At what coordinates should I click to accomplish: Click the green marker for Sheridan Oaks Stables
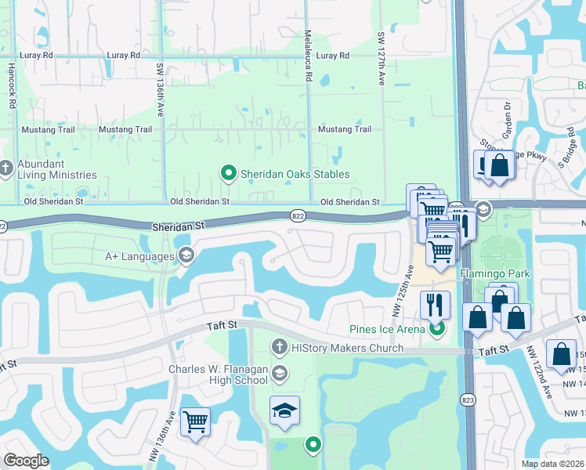(x=228, y=173)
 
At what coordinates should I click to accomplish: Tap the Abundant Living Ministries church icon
(x=6, y=168)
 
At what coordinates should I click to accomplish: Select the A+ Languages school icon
(x=186, y=255)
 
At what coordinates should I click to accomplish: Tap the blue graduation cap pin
(x=284, y=410)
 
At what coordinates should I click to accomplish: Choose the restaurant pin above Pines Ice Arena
(x=435, y=303)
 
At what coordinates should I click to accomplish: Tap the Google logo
(x=27, y=461)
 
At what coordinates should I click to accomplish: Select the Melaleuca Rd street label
(x=309, y=67)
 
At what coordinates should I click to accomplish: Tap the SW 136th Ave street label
(x=159, y=80)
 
